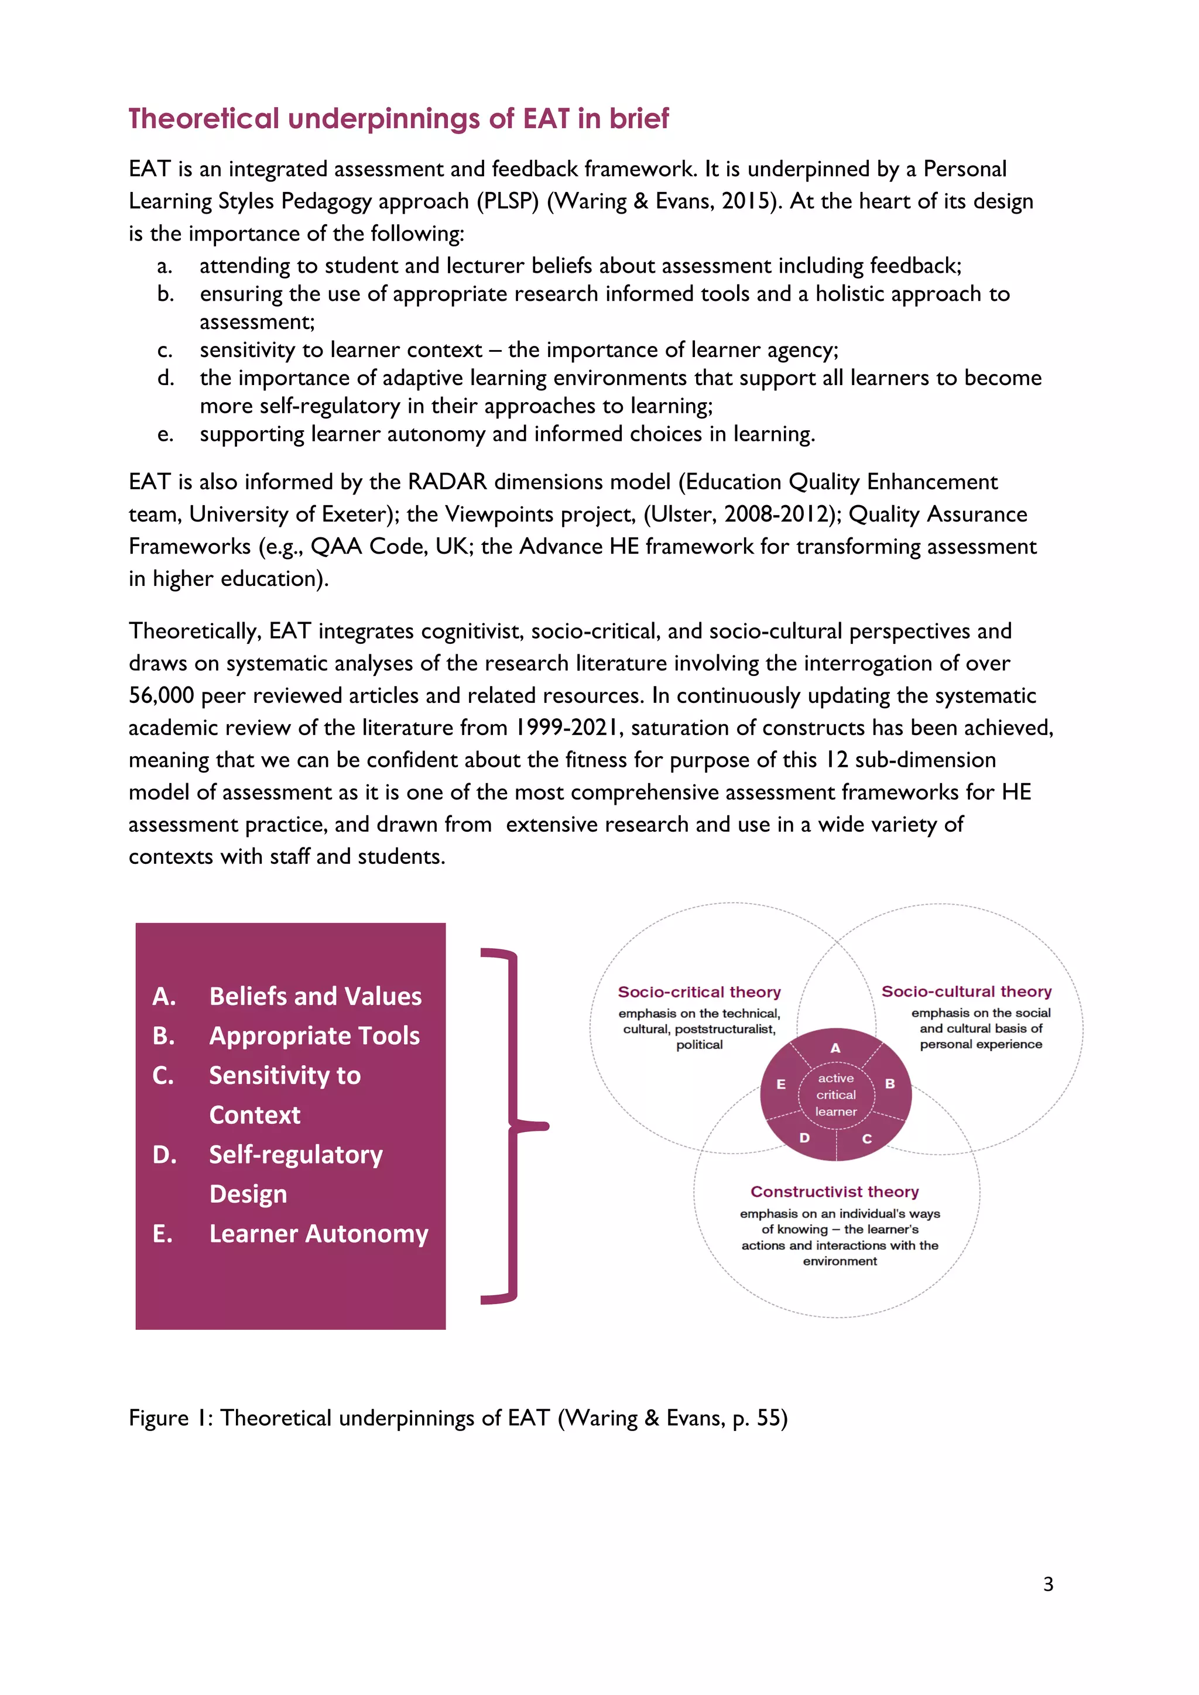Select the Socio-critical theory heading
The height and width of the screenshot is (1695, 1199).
click(698, 991)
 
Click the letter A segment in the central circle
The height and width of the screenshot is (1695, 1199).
click(835, 1047)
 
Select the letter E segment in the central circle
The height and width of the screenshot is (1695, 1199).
click(780, 1084)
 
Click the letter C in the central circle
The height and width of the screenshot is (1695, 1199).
click(867, 1138)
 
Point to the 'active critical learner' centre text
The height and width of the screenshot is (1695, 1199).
click(836, 1095)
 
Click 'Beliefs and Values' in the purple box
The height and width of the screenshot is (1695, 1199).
click(315, 996)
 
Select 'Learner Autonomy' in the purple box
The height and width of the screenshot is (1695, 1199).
click(318, 1234)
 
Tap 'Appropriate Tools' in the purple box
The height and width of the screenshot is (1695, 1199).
click(314, 1036)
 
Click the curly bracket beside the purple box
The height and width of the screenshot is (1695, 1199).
click(515, 1126)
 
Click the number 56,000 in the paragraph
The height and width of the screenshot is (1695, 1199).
click(161, 695)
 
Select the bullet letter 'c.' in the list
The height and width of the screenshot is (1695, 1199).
click(165, 350)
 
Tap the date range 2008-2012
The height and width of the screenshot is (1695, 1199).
click(783, 514)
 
